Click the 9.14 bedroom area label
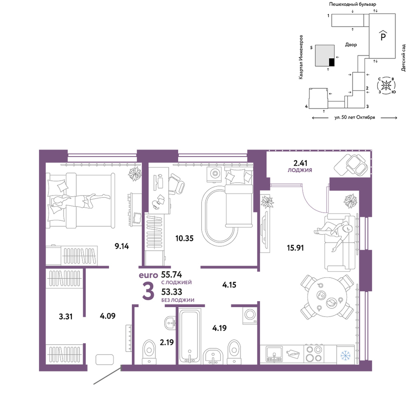(122, 246)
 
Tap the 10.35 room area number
(185, 238)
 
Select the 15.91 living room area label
(296, 248)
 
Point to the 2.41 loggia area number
(300, 163)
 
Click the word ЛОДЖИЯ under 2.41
(300, 170)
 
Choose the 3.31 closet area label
(65, 316)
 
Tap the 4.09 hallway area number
(107, 316)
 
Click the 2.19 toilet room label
(167, 342)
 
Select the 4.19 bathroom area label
(219, 328)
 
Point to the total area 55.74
(171, 275)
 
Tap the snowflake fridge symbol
(346, 356)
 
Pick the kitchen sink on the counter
(274, 354)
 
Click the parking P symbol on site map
(383, 36)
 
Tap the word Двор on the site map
(351, 45)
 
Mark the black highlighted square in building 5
(332, 62)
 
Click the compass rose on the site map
(386, 85)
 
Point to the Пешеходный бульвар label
(353, 4)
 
